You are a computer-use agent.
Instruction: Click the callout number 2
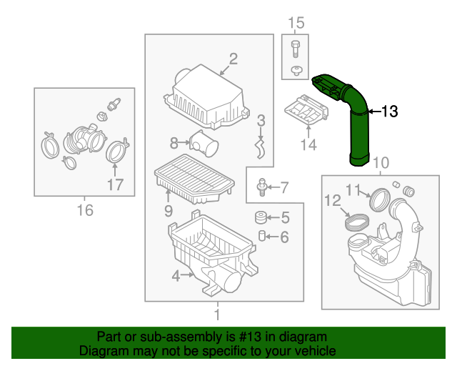tap(233, 59)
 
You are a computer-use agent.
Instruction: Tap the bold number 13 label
tap(389, 112)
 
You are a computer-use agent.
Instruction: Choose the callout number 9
tap(169, 210)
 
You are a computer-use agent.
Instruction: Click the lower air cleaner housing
tap(207, 254)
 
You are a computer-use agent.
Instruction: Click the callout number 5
tap(284, 218)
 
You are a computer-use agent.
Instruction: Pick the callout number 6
tap(284, 237)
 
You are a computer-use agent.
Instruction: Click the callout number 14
tap(308, 146)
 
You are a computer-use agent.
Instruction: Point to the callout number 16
tap(85, 210)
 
